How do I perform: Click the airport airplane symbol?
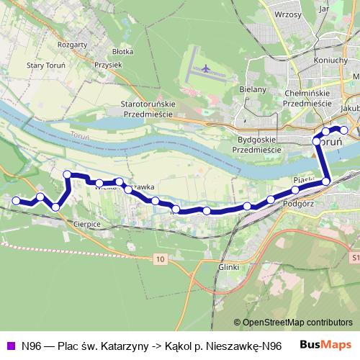(x=207, y=69)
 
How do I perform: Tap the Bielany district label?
(x=253, y=89)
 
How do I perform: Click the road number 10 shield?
(x=158, y=258)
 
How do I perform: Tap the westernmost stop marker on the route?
(x=16, y=200)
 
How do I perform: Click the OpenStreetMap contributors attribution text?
(x=295, y=322)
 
